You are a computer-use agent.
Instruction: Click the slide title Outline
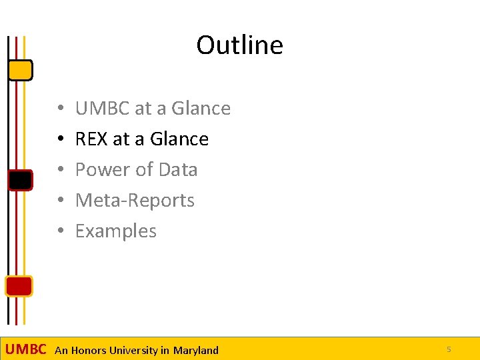point(239,45)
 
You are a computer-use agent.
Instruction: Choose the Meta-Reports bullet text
point(135,200)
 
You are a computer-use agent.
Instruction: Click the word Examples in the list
point(116,231)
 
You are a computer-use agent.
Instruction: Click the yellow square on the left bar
point(21,69)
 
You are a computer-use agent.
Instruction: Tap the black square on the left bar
point(20,180)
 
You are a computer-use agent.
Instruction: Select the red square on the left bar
point(19,285)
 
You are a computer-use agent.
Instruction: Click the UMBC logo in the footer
point(26,349)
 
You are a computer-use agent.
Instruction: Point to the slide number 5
point(449,349)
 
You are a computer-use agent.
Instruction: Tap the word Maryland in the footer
point(196,350)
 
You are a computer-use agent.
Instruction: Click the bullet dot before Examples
point(60,231)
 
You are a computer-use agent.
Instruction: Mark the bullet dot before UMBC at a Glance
point(60,109)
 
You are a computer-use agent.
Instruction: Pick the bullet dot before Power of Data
point(60,170)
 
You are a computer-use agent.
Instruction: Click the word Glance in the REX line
point(179,139)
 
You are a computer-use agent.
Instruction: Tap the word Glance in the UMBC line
point(201,108)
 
